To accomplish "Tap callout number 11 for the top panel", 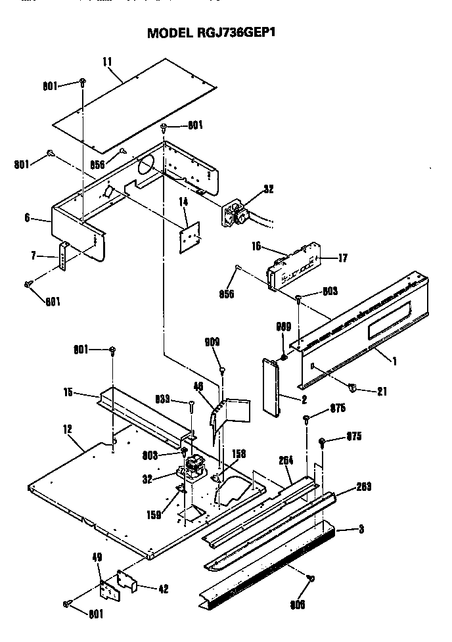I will tap(107, 62).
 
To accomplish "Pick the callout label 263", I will tap(363, 487).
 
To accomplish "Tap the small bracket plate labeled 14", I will tap(191, 235).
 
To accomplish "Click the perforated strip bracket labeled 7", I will tap(64, 260).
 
